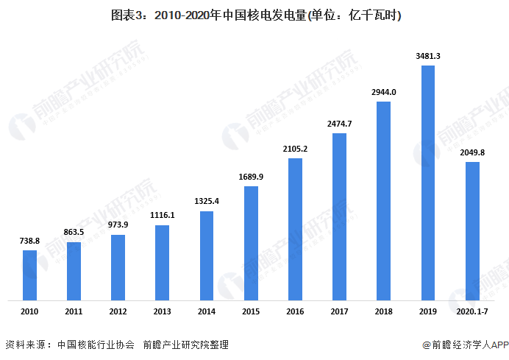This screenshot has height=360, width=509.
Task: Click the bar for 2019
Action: [427, 183]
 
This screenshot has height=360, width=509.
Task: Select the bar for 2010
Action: [29, 275]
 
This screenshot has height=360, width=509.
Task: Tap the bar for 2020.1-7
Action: [472, 231]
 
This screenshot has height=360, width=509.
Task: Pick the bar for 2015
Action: [251, 243]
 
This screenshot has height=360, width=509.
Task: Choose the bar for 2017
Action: [339, 216]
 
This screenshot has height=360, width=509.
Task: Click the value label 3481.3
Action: [427, 56]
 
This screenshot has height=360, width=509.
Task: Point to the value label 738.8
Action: [29, 241]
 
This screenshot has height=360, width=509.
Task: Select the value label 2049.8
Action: [472, 152]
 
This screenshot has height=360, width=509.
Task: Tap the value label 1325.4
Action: [207, 202]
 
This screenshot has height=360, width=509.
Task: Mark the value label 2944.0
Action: [383, 92]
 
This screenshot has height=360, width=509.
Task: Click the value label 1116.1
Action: [163, 216]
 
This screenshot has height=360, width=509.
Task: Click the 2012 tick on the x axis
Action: [118, 312]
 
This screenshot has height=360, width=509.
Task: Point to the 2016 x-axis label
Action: [295, 312]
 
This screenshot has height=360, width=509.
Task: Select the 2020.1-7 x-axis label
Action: [472, 312]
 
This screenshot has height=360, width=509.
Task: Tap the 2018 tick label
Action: [383, 312]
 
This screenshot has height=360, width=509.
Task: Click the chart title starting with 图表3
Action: [254, 15]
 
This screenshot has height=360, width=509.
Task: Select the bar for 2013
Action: [163, 263]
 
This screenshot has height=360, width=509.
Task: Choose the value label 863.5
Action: [74, 233]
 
